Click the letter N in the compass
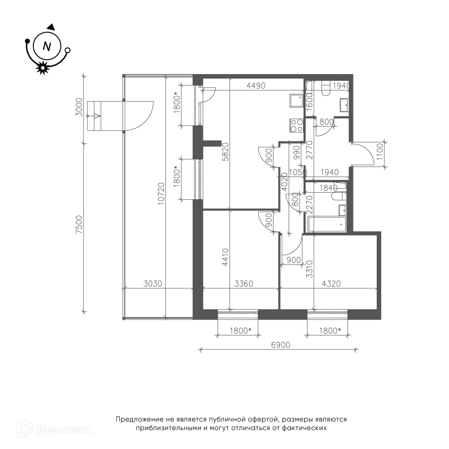47,46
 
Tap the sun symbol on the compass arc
42,68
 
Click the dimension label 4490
256,86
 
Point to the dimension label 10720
161,194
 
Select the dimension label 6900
281,345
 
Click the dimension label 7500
79,224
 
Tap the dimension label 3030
153,284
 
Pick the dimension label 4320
331,284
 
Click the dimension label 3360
244,284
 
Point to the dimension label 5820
226,152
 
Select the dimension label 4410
226,257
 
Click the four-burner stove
297,125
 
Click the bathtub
327,224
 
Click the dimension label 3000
79,107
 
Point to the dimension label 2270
309,205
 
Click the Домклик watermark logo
54,429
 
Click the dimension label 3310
309,269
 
